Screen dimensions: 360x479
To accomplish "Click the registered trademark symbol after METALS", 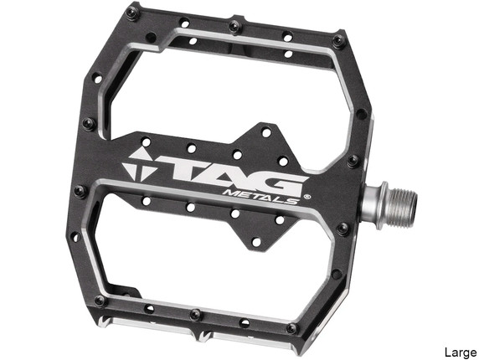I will tap(306, 198).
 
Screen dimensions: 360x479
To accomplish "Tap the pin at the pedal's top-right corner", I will tap(338, 39).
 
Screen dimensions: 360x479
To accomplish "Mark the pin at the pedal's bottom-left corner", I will tap(100, 300).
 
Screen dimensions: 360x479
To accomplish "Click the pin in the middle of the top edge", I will tap(235, 26).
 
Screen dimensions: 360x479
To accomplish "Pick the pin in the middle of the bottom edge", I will tap(195, 315).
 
